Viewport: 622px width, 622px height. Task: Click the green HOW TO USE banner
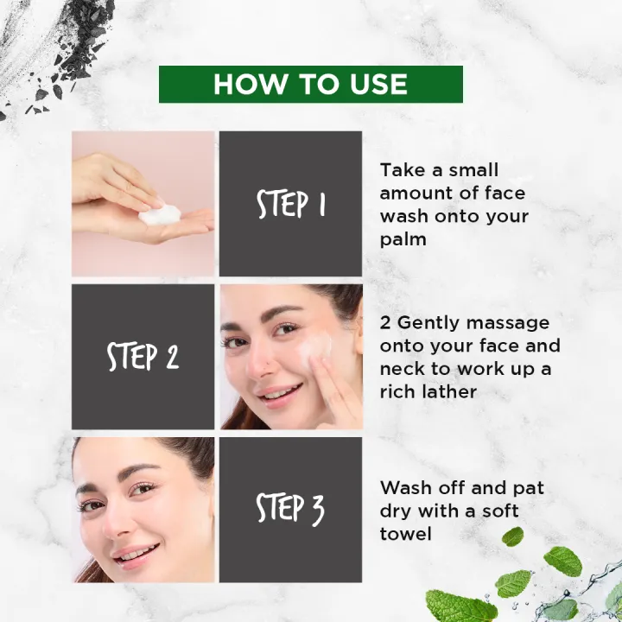pyautogui.click(x=311, y=84)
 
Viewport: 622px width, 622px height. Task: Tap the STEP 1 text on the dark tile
pyautogui.click(x=290, y=205)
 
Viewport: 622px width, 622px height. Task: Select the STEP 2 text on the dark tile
pyautogui.click(x=143, y=357)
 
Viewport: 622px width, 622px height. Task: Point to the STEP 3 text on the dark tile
pyautogui.click(x=290, y=510)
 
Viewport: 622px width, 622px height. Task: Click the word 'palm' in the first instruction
pyautogui.click(x=403, y=239)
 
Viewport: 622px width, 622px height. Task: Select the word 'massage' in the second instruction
pyautogui.click(x=507, y=323)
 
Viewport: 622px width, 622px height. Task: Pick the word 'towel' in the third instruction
pyautogui.click(x=406, y=534)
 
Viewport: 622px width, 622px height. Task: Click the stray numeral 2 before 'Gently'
pyautogui.click(x=386, y=323)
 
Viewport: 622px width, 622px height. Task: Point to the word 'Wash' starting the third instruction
pyautogui.click(x=405, y=488)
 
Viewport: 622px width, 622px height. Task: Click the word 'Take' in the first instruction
pyautogui.click(x=402, y=170)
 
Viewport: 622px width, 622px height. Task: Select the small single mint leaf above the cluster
pyautogui.click(x=513, y=536)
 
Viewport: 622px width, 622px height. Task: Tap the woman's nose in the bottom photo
pyautogui.click(x=124, y=519)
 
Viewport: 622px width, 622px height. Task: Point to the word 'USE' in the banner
pyautogui.click(x=372, y=85)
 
